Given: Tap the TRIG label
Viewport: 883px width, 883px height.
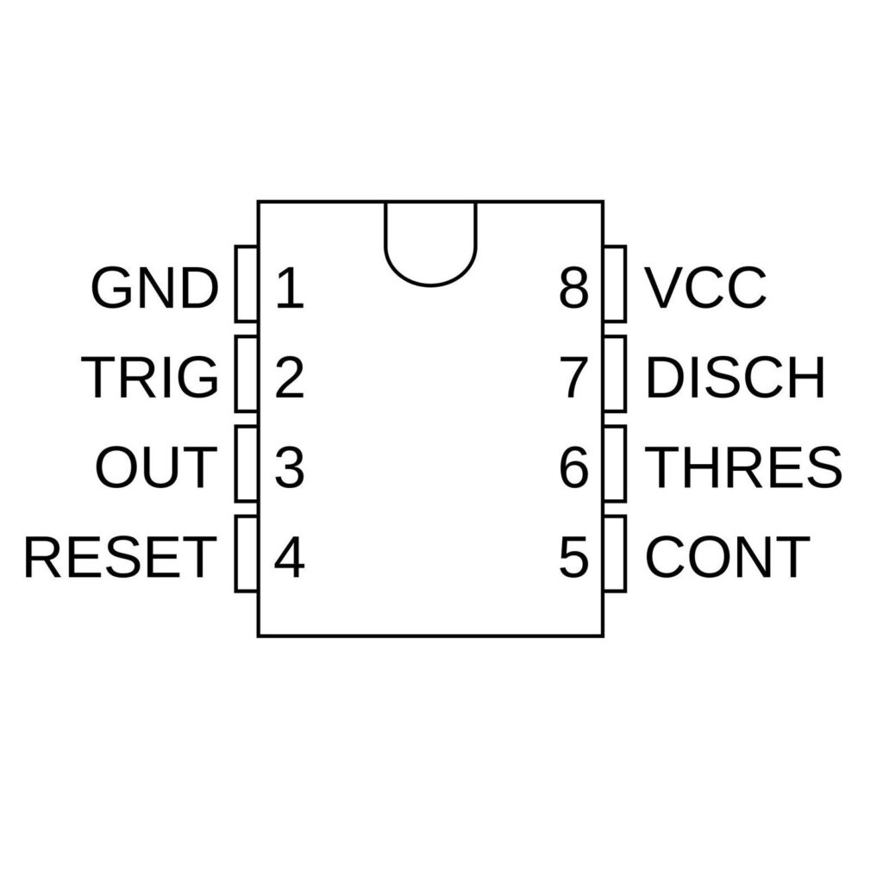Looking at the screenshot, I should pyautogui.click(x=151, y=378).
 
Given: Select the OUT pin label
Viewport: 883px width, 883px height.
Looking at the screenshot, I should pyautogui.click(x=154, y=467).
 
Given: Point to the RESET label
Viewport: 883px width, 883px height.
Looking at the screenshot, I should pyautogui.click(x=119, y=557).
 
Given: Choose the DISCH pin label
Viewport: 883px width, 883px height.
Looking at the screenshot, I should pyautogui.click(x=735, y=378).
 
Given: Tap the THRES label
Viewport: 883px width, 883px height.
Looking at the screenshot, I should pyautogui.click(x=743, y=467).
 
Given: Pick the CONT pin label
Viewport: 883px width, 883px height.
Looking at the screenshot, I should pyautogui.click(x=728, y=557).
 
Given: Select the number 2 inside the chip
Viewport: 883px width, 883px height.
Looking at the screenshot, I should pyautogui.click(x=290, y=378).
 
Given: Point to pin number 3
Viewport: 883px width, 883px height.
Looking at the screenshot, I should pyautogui.click(x=290, y=467).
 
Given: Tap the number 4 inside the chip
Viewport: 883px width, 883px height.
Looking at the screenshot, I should pyautogui.click(x=290, y=557).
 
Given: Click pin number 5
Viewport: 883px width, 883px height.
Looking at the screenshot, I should pyautogui.click(x=573, y=557).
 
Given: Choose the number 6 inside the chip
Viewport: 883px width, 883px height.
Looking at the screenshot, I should pyautogui.click(x=573, y=467).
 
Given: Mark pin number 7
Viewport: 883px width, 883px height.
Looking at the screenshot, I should pyautogui.click(x=573, y=378).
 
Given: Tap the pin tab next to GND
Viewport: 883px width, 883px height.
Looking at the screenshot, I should pyautogui.click(x=247, y=285).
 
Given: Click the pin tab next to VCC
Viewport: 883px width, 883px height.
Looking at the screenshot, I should pyautogui.click(x=615, y=285).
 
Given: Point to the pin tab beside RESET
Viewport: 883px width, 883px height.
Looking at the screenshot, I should pyautogui.click(x=247, y=554).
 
